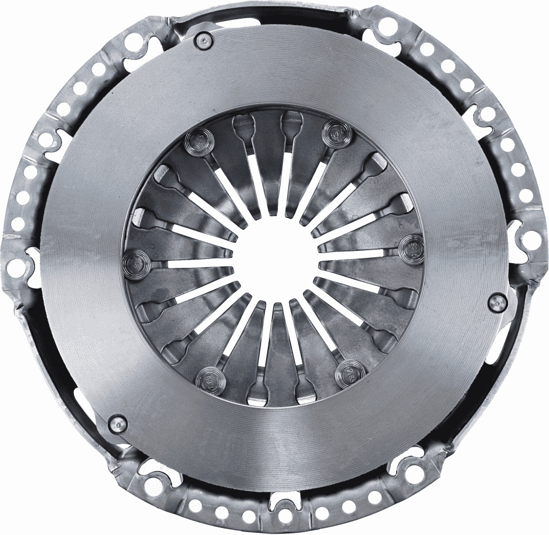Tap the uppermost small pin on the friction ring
(x=204, y=39)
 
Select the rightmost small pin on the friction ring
(x=497, y=301)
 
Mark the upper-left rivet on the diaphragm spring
(x=196, y=141)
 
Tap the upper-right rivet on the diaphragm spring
(x=336, y=131)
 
